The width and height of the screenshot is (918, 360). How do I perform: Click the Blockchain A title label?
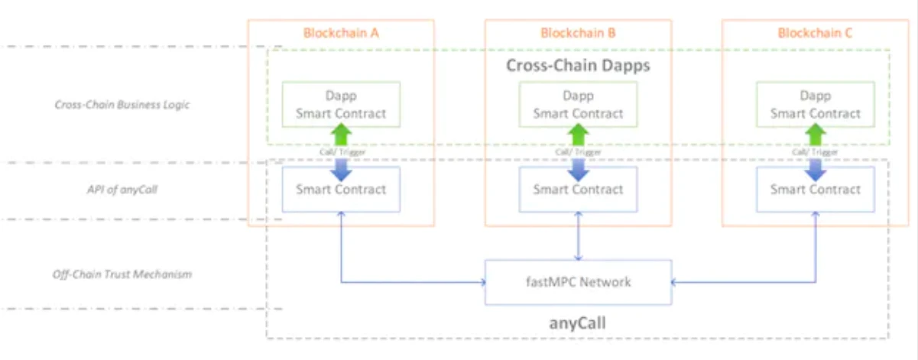341,34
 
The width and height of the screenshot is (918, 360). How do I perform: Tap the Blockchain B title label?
578,34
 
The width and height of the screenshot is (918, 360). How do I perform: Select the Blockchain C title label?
815,34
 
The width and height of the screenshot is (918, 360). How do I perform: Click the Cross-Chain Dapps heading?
578,65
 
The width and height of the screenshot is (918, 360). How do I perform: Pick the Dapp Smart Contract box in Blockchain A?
341,105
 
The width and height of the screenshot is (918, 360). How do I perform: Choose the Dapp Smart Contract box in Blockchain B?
578,105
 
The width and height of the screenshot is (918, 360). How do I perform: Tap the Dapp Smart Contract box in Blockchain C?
815,105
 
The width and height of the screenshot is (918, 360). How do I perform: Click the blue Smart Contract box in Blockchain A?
341,190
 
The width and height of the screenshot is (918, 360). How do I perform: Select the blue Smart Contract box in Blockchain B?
578,190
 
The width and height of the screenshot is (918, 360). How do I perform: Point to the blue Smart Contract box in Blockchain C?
815,190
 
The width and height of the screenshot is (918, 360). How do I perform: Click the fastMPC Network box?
578,282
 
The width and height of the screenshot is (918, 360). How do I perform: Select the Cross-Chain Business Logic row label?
122,105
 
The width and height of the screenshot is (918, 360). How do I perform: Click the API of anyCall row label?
122,190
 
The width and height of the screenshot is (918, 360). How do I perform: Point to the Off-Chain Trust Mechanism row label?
122,274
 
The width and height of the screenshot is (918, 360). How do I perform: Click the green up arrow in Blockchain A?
341,135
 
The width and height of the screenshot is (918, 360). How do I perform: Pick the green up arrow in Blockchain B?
578,135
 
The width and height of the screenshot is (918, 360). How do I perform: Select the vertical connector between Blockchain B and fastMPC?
578,236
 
